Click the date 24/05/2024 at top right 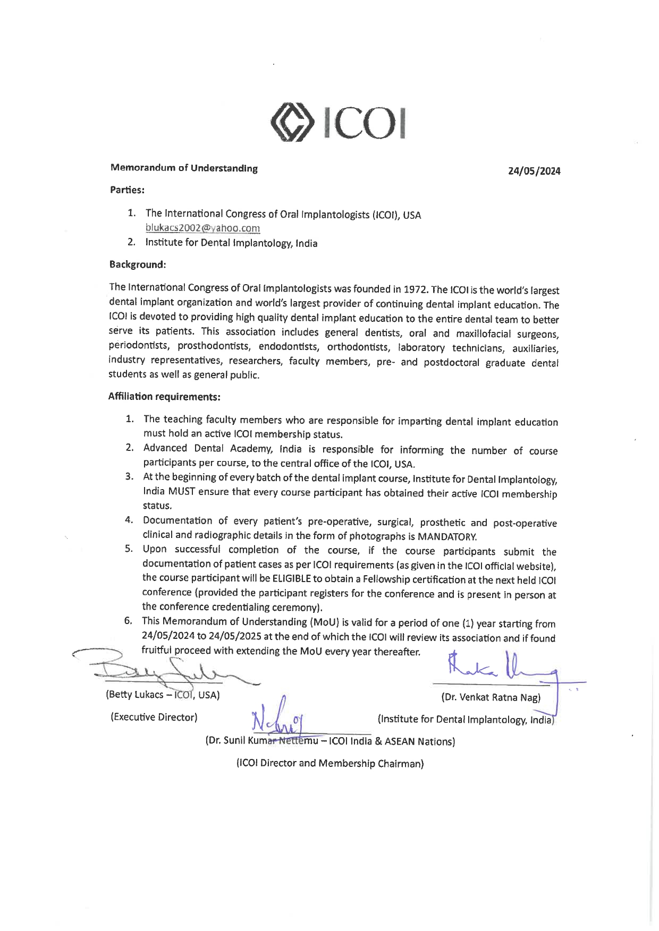pyautogui.click(x=534, y=171)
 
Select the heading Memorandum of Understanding pyautogui.click(x=184, y=168)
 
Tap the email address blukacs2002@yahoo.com pyautogui.click(x=202, y=228)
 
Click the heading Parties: pyautogui.click(x=127, y=190)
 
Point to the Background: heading pyautogui.click(x=138, y=264)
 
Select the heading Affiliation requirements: pyautogui.click(x=164, y=396)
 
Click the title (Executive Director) pyautogui.click(x=154, y=717)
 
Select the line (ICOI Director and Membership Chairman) pyautogui.click(x=329, y=763)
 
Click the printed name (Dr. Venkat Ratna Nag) pyautogui.click(x=491, y=697)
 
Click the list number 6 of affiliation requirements pyautogui.click(x=128, y=620)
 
